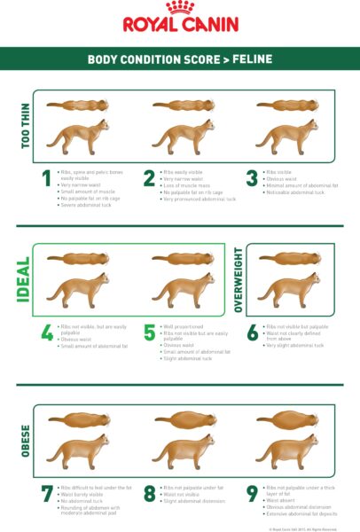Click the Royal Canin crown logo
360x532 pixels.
pos(179,8)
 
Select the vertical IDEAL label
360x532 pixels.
pos(24,279)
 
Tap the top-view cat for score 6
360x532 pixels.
pos(288,258)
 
